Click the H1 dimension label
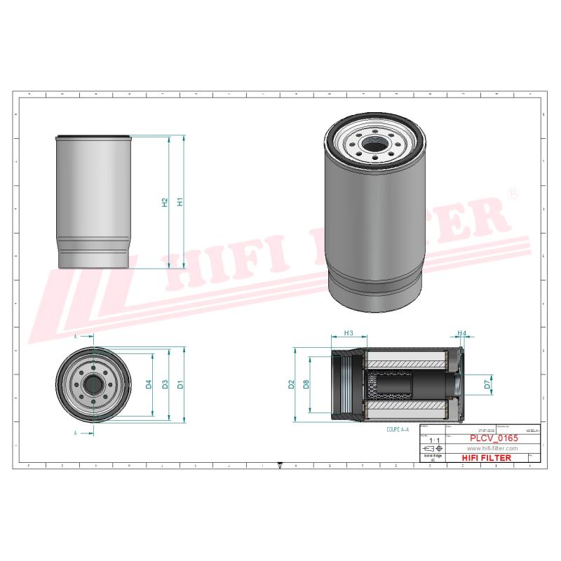[180, 202]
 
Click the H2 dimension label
[165, 202]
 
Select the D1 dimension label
[180, 384]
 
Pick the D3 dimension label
[165, 384]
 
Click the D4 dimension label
[149, 384]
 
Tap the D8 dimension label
[306, 384]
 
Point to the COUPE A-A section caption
[398, 428]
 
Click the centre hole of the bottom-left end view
[93, 384]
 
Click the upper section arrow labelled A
[76, 337]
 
